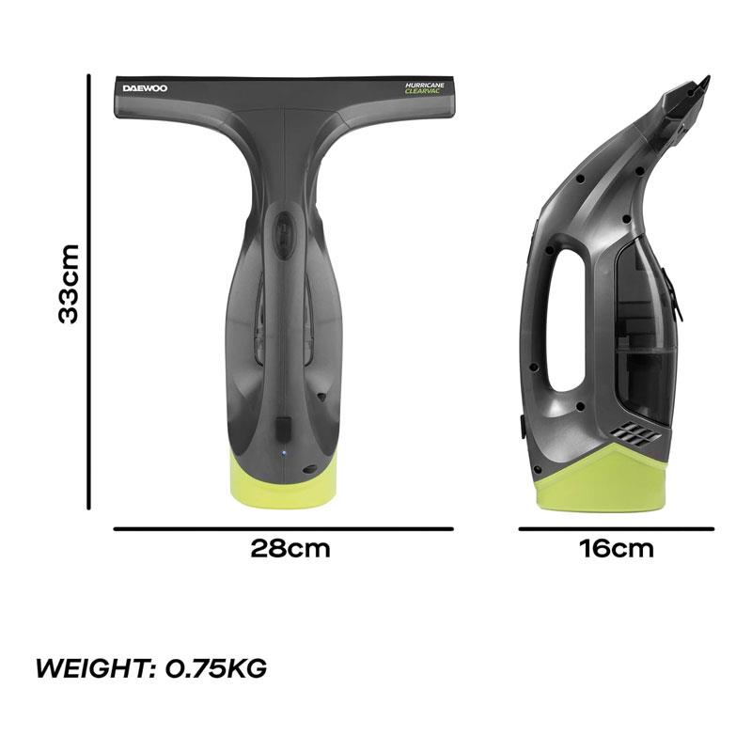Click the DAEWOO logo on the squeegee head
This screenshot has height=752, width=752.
pos(145,88)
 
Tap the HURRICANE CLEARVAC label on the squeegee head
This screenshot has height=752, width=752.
pos(425,87)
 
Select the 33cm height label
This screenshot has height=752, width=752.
pos(68,284)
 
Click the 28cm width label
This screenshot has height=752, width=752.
pos(290,549)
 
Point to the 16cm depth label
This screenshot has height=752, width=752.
pos(617,549)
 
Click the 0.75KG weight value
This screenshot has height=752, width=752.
pos(216,668)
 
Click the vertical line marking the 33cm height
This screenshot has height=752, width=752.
pos(88,291)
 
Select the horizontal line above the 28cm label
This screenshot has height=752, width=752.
pos(284,529)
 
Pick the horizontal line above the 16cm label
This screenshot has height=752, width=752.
pos(617,529)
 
